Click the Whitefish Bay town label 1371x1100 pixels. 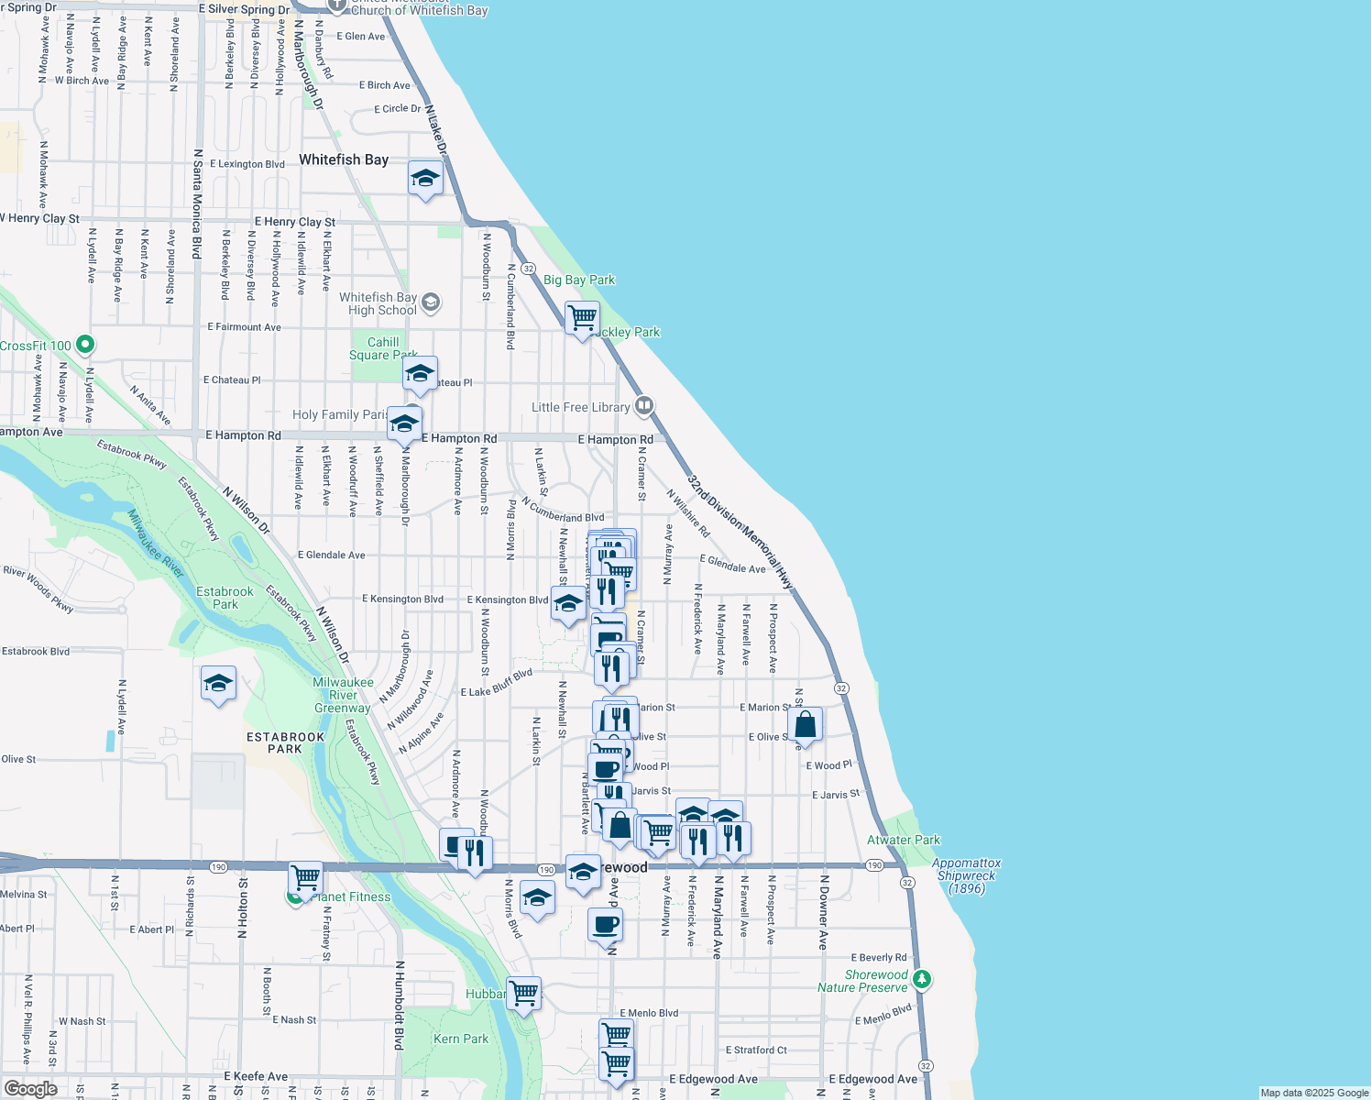344,159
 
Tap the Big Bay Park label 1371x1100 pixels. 579,280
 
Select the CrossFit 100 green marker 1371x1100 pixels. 85,345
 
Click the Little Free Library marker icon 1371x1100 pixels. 644,405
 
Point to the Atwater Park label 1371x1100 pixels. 903,840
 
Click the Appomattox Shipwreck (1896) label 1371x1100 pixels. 966,875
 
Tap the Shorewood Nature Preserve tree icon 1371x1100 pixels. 922,979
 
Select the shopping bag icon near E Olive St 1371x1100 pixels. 805,725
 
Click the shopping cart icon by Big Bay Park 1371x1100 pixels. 583,319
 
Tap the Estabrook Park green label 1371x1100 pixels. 225,598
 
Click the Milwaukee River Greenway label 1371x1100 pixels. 343,695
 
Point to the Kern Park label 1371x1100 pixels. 461,1039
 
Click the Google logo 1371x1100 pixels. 30,1088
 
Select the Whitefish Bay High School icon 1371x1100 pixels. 431,302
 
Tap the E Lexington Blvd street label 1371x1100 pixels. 247,164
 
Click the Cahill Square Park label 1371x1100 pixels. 383,348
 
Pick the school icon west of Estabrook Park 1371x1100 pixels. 218,684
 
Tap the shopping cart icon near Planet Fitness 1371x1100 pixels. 305,878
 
